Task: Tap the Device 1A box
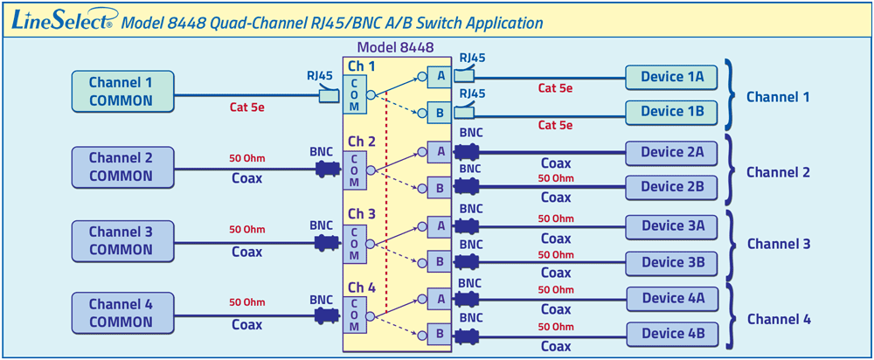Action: point(672,77)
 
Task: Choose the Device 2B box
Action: point(672,186)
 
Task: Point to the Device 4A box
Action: point(672,298)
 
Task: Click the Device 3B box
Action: point(672,261)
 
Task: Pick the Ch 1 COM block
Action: point(354,94)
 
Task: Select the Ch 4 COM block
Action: point(354,315)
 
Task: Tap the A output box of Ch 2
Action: point(440,151)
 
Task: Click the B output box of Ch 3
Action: point(440,261)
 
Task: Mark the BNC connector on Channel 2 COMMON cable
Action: point(326,168)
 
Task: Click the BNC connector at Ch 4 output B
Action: point(464,334)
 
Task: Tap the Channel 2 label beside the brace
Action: point(778,172)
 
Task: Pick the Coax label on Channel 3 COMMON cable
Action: point(246,252)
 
